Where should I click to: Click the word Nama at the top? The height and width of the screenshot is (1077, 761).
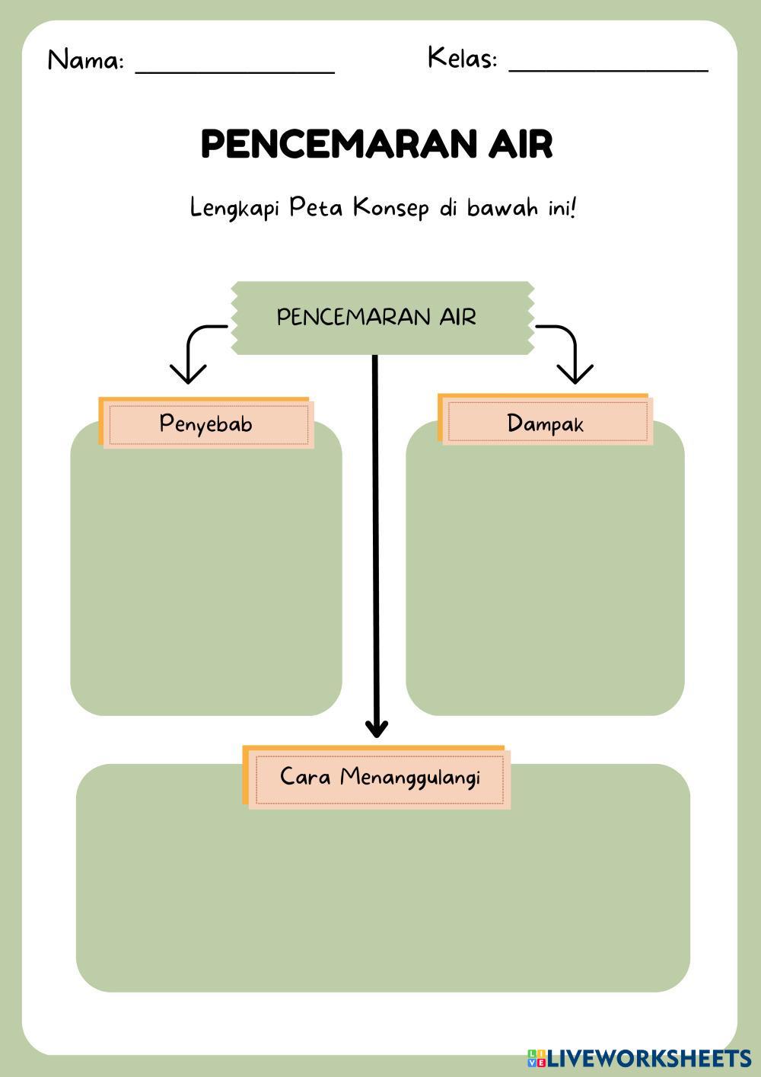click(85, 60)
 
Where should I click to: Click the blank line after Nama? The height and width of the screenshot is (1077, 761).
click(235, 73)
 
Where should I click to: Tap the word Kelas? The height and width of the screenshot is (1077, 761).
click(462, 57)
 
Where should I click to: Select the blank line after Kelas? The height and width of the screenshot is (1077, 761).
click(609, 71)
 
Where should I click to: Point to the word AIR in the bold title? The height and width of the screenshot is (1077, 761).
click(521, 144)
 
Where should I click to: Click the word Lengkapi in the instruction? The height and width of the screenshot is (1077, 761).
click(234, 209)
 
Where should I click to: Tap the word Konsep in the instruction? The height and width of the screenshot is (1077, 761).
click(390, 208)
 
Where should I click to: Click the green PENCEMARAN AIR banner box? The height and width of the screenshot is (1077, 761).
click(383, 318)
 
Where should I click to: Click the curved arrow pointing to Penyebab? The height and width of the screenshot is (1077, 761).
click(194, 353)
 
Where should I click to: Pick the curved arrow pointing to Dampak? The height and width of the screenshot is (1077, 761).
click(568, 353)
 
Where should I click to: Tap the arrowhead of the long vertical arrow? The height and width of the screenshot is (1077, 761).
click(376, 728)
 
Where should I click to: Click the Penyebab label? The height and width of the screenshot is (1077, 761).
click(206, 423)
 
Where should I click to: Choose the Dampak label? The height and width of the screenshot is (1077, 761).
click(546, 420)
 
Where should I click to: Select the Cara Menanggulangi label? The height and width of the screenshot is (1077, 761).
click(376, 777)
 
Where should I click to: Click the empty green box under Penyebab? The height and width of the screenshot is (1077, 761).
click(206, 568)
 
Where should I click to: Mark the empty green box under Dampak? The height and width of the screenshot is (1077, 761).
click(546, 567)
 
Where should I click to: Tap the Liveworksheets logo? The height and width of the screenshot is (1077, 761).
click(639, 1058)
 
